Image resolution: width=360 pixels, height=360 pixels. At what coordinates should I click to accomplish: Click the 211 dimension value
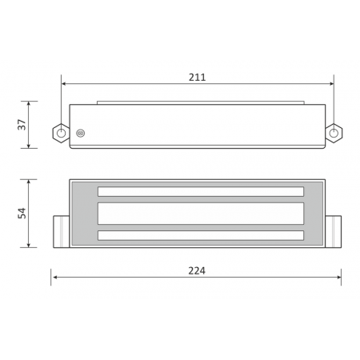pyautogui.click(x=197, y=78)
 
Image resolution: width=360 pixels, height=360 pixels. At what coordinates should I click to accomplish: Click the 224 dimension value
pyautogui.click(x=197, y=271)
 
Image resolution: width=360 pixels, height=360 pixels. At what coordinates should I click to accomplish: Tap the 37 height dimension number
pyautogui.click(x=22, y=125)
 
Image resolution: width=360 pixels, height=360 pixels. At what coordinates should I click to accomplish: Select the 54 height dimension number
pyautogui.click(x=22, y=213)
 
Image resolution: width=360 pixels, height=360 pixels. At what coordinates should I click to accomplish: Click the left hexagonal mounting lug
pyautogui.click(x=61, y=133)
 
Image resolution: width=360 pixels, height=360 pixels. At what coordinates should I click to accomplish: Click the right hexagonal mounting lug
pyautogui.click(x=334, y=133)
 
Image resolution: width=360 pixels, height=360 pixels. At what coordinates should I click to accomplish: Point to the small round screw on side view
pyautogui.click(x=81, y=133)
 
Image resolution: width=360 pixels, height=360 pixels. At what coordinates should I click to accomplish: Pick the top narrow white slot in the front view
pyautogui.click(x=201, y=191)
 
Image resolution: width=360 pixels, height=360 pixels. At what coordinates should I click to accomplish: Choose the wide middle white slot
pyautogui.click(x=201, y=214)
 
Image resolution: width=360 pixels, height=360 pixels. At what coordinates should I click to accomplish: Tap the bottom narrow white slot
pyautogui.click(x=201, y=235)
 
